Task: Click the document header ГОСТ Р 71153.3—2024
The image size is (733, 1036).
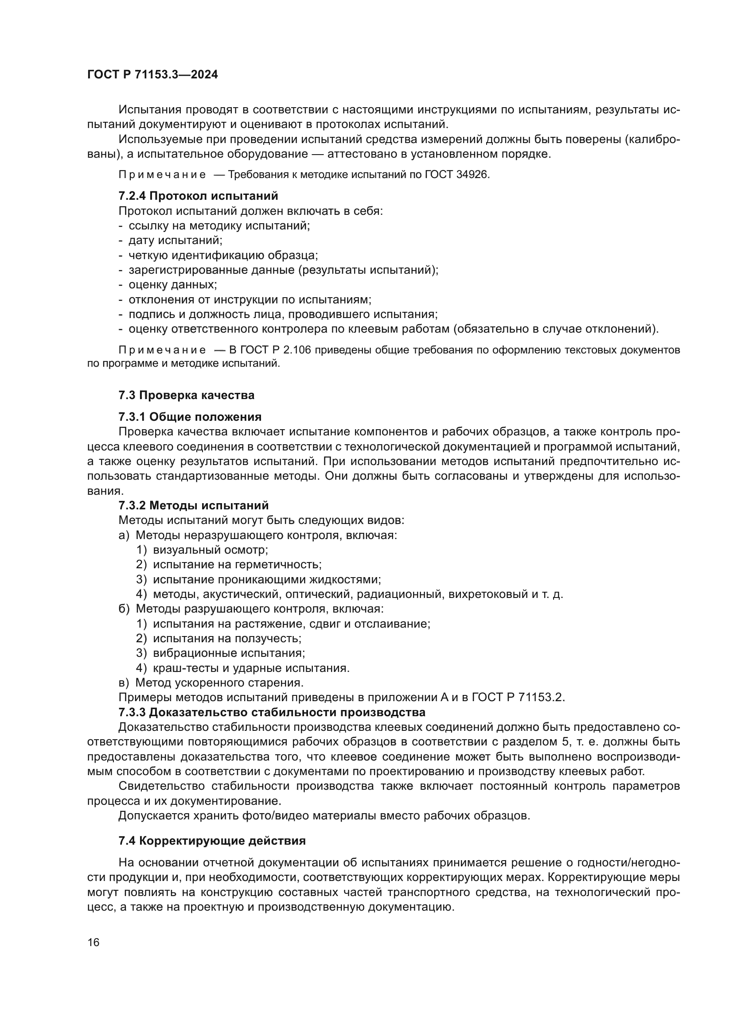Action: point(152,75)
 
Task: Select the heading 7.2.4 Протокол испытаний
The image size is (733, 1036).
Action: point(198,196)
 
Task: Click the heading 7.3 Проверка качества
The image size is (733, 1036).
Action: point(187,395)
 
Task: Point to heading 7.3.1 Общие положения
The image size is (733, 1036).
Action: point(190,416)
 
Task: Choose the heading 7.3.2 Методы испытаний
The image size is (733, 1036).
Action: point(193,505)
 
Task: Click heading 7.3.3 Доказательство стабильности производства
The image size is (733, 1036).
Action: point(272,713)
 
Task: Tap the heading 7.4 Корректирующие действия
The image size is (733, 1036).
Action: point(212,841)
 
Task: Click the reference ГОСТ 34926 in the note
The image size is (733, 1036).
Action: point(456,175)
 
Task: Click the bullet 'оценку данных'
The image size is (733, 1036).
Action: point(172,285)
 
